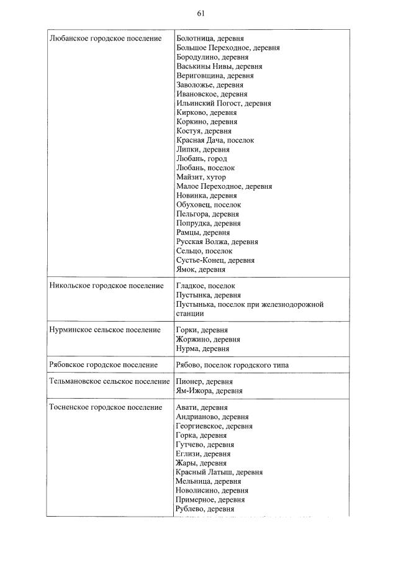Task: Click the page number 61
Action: pos(200,14)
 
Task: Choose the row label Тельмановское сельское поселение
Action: pos(109,381)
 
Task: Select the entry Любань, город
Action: pos(201,158)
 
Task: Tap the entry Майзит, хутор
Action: pos(201,177)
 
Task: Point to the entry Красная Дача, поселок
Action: pos(215,140)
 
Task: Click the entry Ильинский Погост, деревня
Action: pos(224,103)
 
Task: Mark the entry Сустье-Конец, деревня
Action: pos(215,260)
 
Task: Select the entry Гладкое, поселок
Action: pos(206,286)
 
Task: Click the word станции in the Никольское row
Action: pos(190,314)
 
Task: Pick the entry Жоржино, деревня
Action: pos(208,340)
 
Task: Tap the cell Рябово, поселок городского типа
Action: pos(232,365)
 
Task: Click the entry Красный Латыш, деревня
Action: pos(219,472)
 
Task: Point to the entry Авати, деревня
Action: pos(201,407)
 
